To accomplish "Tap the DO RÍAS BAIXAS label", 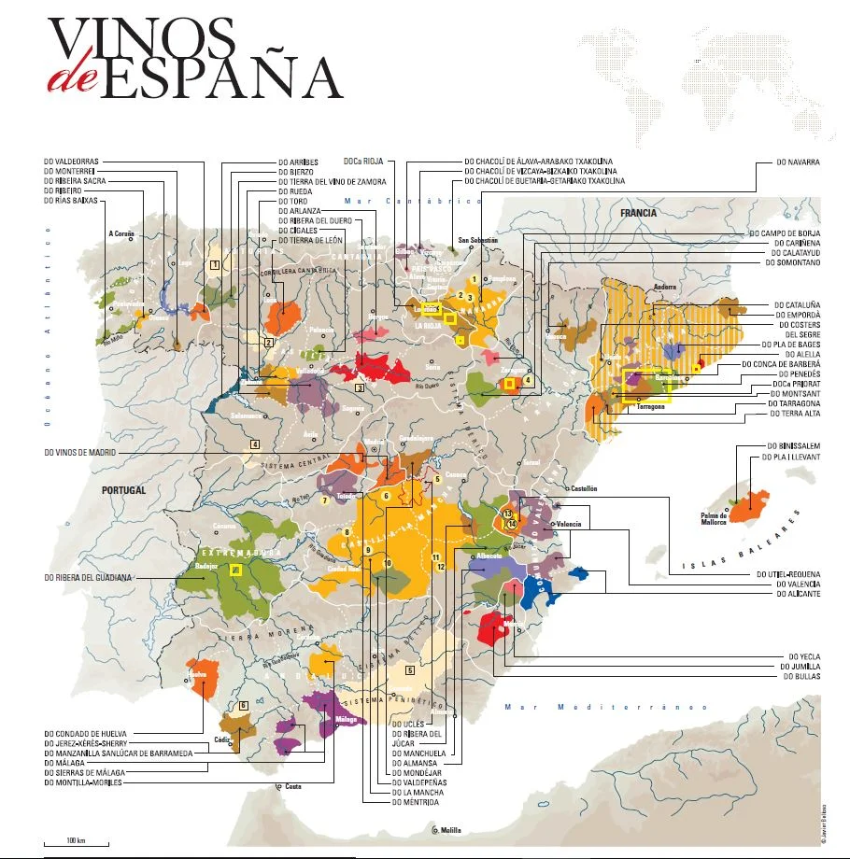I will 69,201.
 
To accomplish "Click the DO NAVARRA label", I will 798,162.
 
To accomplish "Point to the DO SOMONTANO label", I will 792,262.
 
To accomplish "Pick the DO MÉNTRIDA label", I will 416,802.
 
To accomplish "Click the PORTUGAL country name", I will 123,489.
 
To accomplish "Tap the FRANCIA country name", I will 638,213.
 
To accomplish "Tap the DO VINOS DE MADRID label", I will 86,453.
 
